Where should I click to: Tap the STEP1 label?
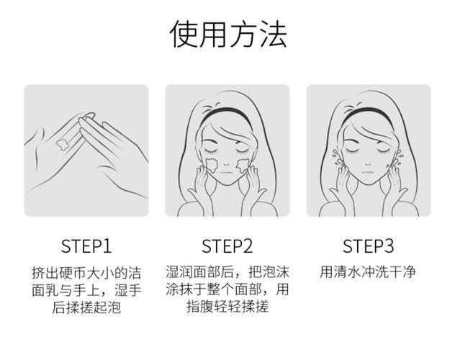click(x=86, y=246)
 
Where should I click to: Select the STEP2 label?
click(x=227, y=246)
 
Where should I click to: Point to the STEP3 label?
click(x=369, y=246)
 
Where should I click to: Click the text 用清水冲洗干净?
click(x=369, y=273)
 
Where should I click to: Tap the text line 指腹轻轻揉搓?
click(x=227, y=307)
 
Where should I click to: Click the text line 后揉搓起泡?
click(x=86, y=307)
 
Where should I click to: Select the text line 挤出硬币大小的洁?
click(x=86, y=273)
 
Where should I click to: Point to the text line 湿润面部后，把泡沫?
click(x=227, y=273)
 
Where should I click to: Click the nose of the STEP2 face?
click(x=227, y=160)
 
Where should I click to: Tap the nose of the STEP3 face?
click(x=368, y=160)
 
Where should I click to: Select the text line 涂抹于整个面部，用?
click(x=227, y=290)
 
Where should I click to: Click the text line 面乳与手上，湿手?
click(x=86, y=290)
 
